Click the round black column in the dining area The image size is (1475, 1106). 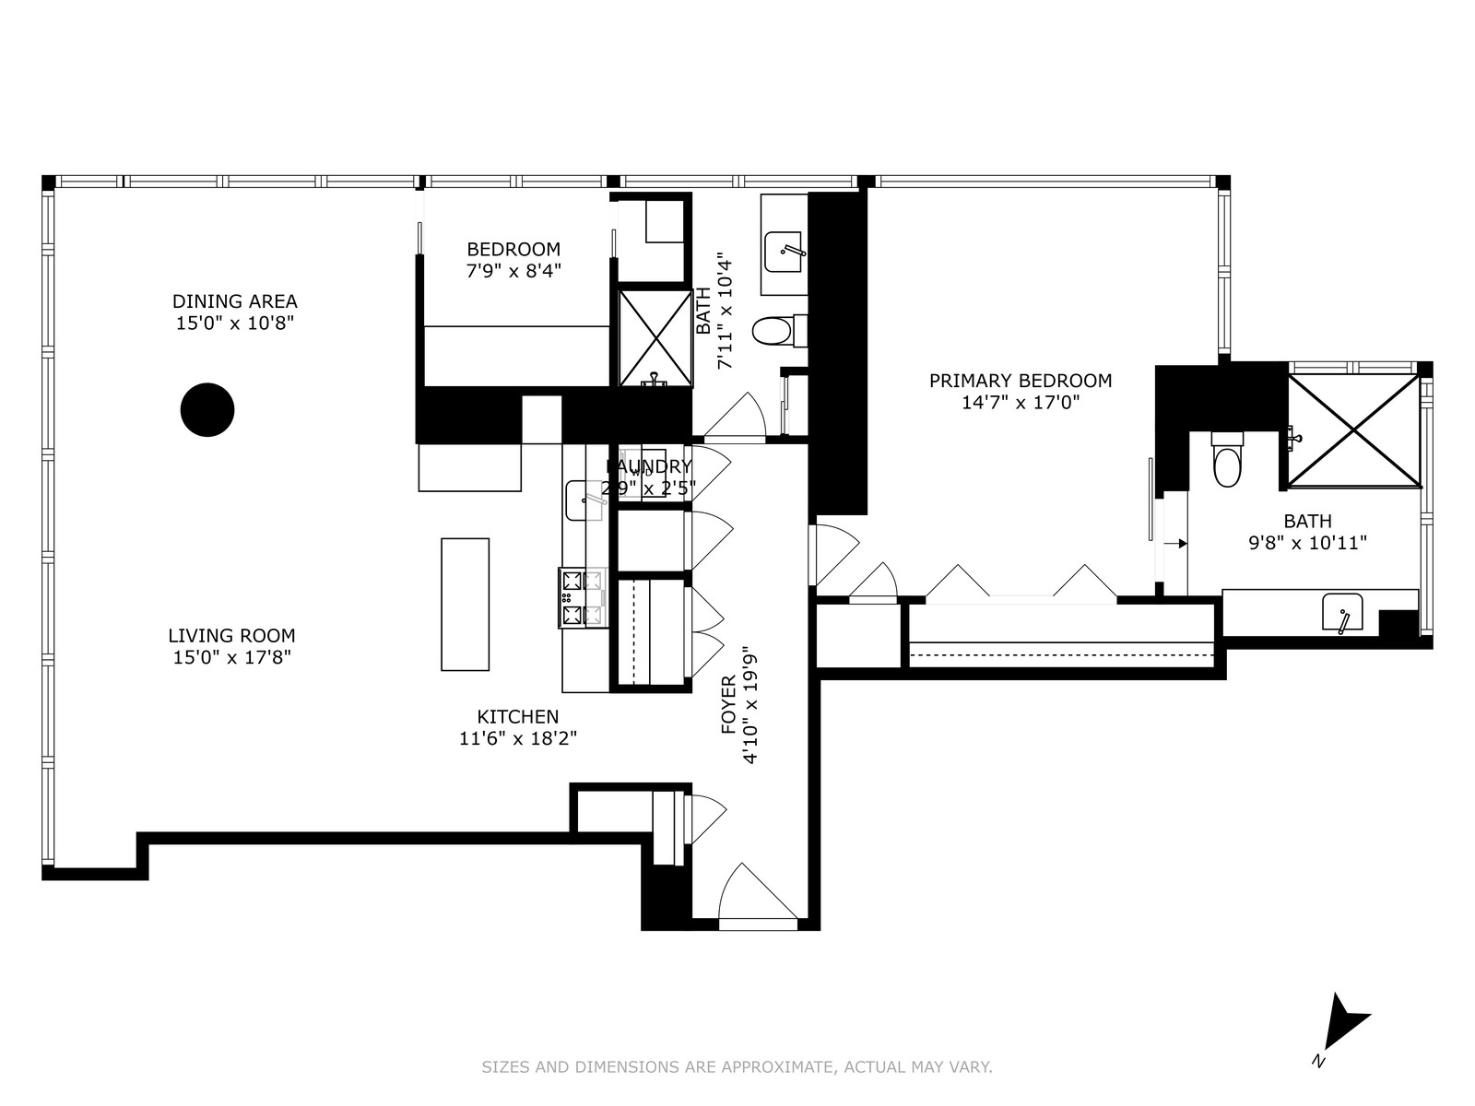(x=207, y=409)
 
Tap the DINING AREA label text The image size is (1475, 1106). (x=235, y=301)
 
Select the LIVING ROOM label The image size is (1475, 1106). (x=231, y=635)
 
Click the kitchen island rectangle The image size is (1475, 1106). (x=465, y=604)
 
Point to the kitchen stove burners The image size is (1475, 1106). (x=581, y=597)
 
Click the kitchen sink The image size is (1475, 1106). (x=583, y=500)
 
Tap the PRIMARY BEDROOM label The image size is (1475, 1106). (x=1020, y=381)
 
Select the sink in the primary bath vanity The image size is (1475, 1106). (x=1343, y=613)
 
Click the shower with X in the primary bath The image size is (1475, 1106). (x=1353, y=429)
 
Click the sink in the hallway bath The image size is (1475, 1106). (x=785, y=252)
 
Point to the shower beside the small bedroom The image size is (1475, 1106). (x=655, y=337)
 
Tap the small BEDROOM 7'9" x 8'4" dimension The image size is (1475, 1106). (x=513, y=271)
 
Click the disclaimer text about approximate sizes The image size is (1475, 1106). (x=737, y=1067)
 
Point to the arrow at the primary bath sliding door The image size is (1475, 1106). (x=1175, y=544)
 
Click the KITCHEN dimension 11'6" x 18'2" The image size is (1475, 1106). (x=518, y=738)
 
